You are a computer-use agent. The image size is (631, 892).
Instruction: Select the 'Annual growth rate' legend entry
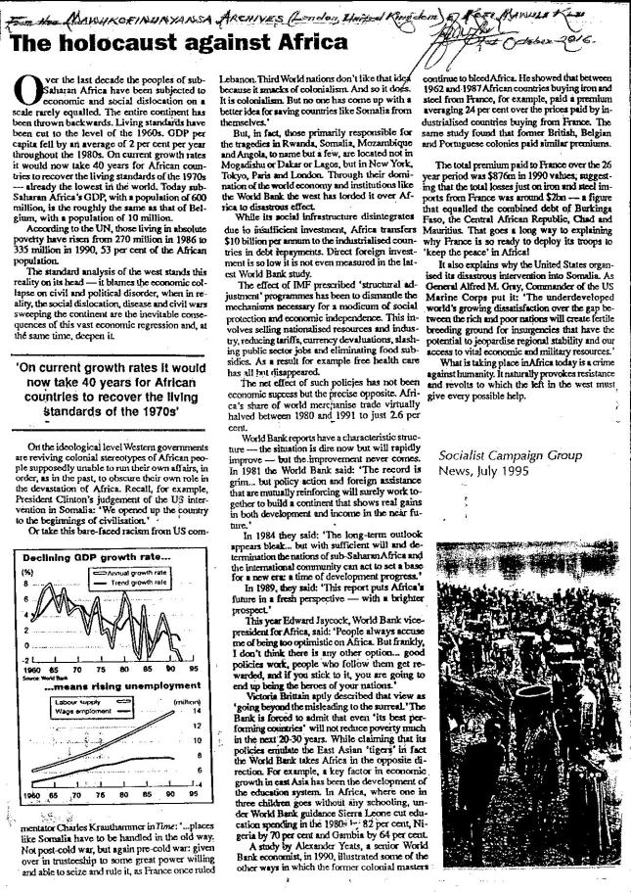tap(144, 571)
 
